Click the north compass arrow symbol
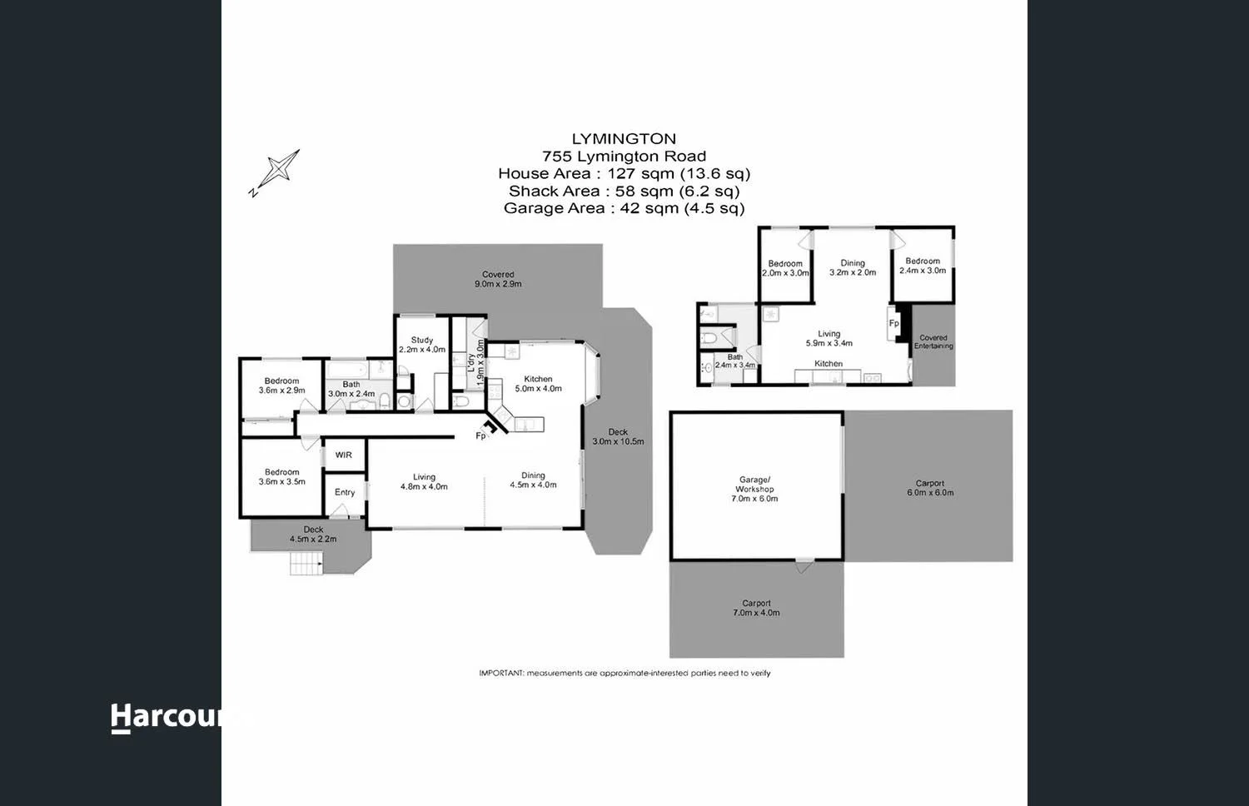click(276, 171)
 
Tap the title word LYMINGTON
click(624, 139)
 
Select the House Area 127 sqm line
click(624, 173)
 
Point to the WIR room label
click(344, 455)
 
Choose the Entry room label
click(345, 492)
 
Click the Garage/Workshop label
click(755, 489)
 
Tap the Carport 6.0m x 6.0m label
click(930, 488)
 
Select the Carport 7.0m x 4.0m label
click(756, 608)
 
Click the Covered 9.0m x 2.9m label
click(498, 279)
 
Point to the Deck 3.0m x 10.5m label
click(618, 436)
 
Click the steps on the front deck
click(306, 564)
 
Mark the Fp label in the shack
click(893, 323)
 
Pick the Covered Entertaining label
click(933, 341)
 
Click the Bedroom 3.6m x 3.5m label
click(282, 476)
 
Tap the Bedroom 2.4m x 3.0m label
click(923, 266)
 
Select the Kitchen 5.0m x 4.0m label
click(538, 384)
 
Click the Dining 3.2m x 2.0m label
click(853, 267)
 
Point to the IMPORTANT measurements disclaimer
click(624, 673)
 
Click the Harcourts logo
click(167, 717)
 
